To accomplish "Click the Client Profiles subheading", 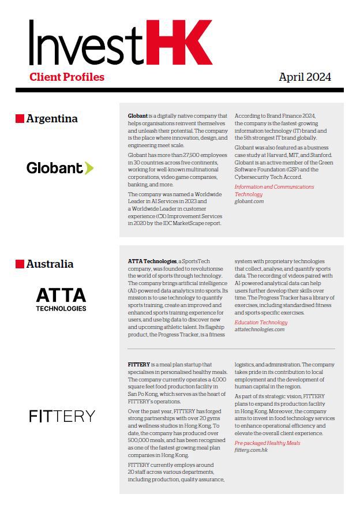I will pyautogui.click(x=67, y=77).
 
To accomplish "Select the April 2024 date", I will pyautogui.click(x=305, y=77).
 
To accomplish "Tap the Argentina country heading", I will pyautogui.click(x=52, y=119).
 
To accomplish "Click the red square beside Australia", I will pyautogui.click(x=20, y=264).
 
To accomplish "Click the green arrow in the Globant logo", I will pyautogui.click(x=89, y=168).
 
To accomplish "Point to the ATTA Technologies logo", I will pyautogui.click(x=61, y=299).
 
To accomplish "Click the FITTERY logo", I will pyautogui.click(x=62, y=416).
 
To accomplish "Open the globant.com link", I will pyautogui.click(x=249, y=201).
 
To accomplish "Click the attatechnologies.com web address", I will pyautogui.click(x=260, y=330).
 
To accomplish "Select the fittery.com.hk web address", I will pyautogui.click(x=251, y=450).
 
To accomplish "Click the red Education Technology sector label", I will pyautogui.click(x=261, y=323).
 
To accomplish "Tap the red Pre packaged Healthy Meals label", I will pyautogui.click(x=267, y=443).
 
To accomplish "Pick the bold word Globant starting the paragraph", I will pyautogui.click(x=138, y=116).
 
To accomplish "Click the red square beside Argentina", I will pyautogui.click(x=20, y=119).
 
